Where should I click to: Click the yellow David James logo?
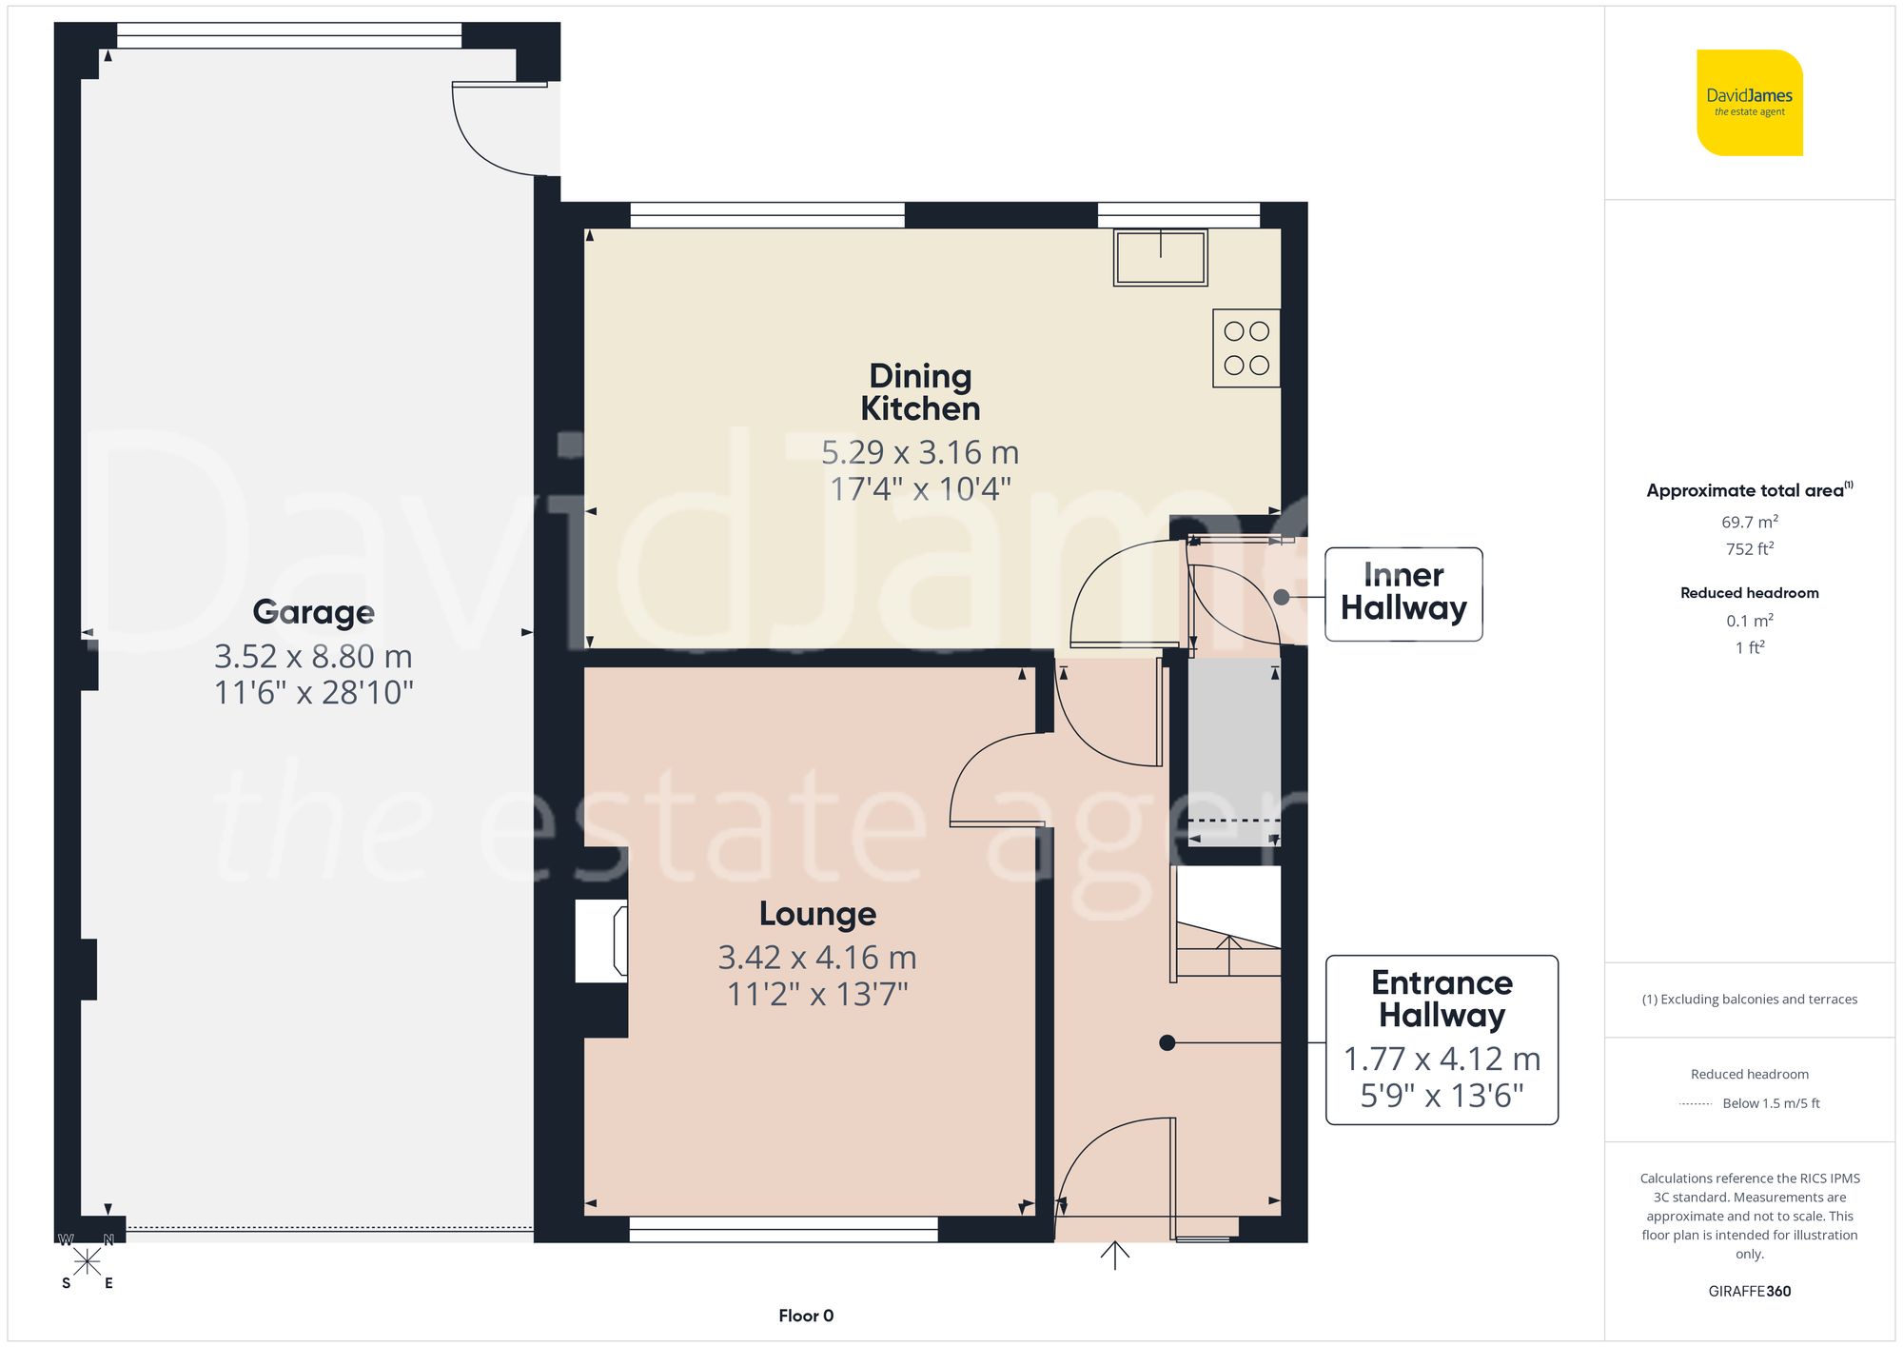(x=1749, y=103)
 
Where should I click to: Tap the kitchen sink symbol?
(x=1160, y=257)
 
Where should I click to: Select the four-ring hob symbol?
(x=1246, y=347)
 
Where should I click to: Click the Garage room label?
(x=313, y=612)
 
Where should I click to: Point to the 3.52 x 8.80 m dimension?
(x=313, y=657)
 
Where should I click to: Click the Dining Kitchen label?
(x=920, y=392)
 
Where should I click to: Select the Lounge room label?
(x=817, y=914)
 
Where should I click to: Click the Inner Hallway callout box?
(x=1403, y=593)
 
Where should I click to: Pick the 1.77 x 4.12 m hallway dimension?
(x=1442, y=1059)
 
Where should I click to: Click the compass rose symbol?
(x=87, y=1262)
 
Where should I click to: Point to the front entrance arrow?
(x=1114, y=1255)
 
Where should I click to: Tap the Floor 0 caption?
(x=806, y=1316)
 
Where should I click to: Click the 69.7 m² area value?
(x=1749, y=522)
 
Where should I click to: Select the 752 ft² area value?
(x=1749, y=549)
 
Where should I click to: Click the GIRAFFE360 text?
(x=1749, y=1292)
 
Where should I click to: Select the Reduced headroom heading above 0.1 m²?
(x=1749, y=593)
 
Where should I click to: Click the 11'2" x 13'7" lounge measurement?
(x=817, y=995)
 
